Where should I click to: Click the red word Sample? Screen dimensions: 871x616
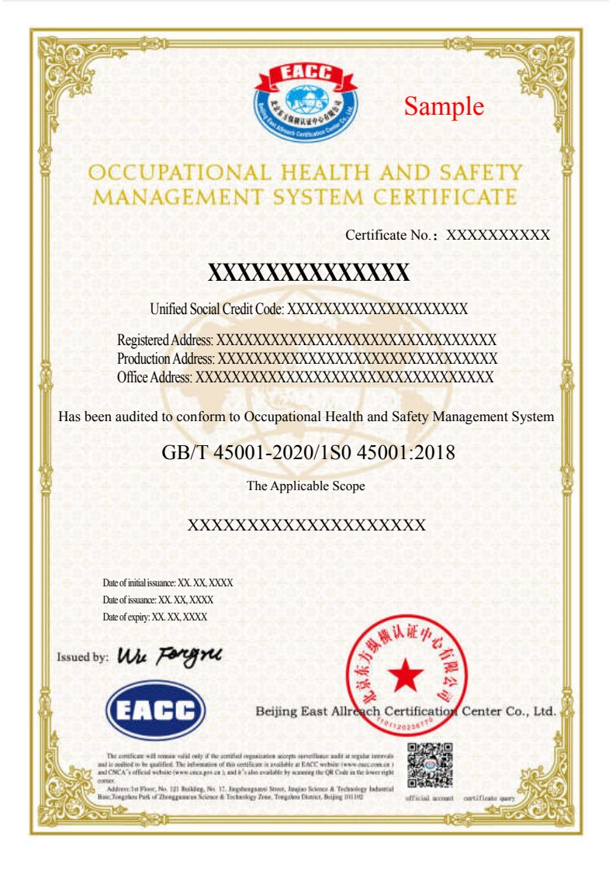point(444,105)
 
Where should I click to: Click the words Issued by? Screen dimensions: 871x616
point(82,657)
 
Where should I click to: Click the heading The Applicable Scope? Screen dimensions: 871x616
point(306,486)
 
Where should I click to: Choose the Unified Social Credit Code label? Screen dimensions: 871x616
point(217,309)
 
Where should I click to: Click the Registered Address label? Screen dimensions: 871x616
point(165,340)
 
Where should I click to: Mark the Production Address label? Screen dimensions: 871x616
point(166,358)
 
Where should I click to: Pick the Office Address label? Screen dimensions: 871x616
point(154,377)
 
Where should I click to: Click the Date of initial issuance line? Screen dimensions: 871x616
point(168,582)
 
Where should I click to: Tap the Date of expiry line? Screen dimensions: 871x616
point(154,617)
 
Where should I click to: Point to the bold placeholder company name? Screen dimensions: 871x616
point(308,272)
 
